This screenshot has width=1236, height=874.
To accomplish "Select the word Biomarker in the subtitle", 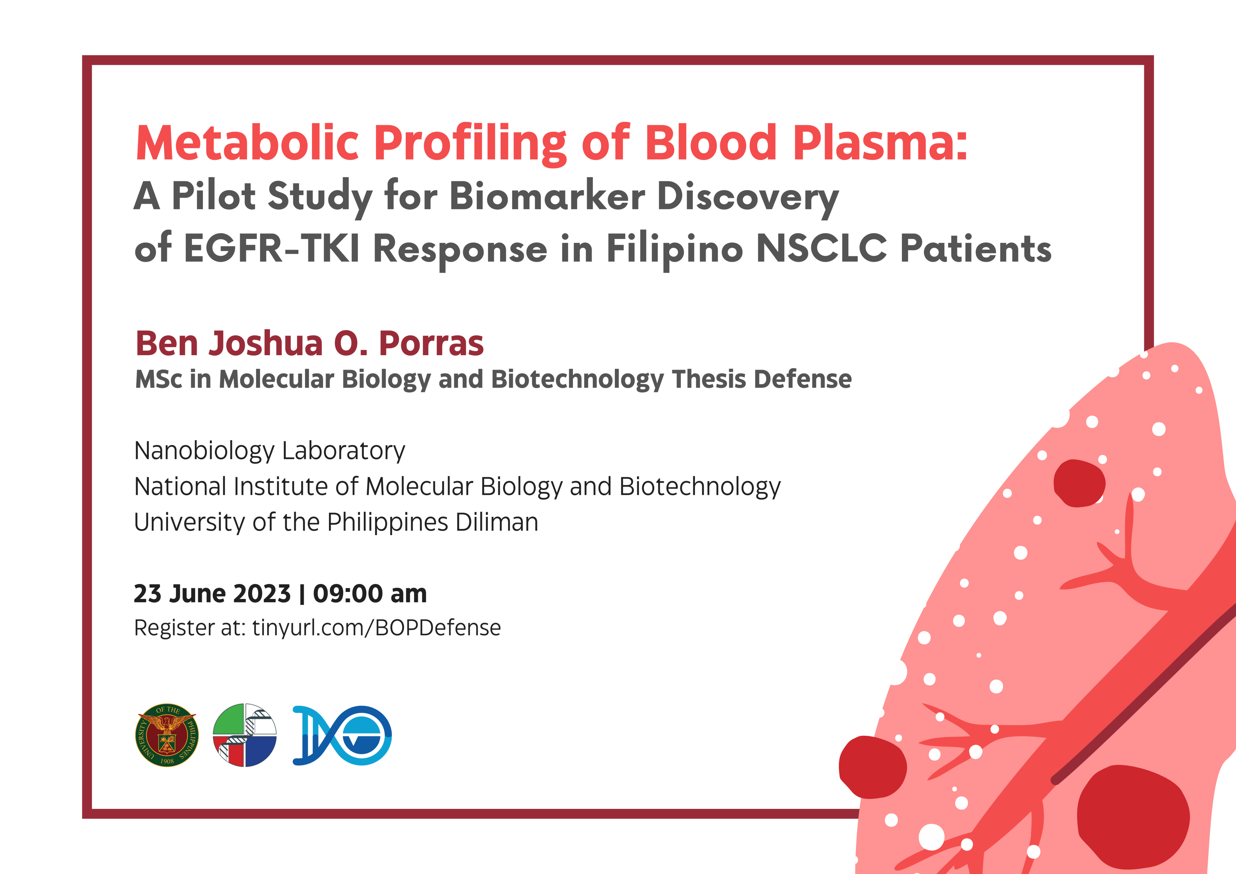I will pyautogui.click(x=547, y=196).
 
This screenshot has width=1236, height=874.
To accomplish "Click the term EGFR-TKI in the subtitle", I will pyautogui.click(x=272, y=249).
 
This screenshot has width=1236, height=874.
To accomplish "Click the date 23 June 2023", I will pyautogui.click(x=212, y=594).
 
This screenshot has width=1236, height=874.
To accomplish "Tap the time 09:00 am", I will pyautogui.click(x=370, y=594).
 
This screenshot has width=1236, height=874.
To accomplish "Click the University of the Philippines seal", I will pyautogui.click(x=167, y=735).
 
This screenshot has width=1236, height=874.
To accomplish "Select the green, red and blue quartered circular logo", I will pyautogui.click(x=245, y=735).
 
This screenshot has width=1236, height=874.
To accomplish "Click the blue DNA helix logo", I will pyautogui.click(x=342, y=735).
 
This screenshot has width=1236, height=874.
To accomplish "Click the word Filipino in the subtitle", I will pyautogui.click(x=675, y=249).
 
